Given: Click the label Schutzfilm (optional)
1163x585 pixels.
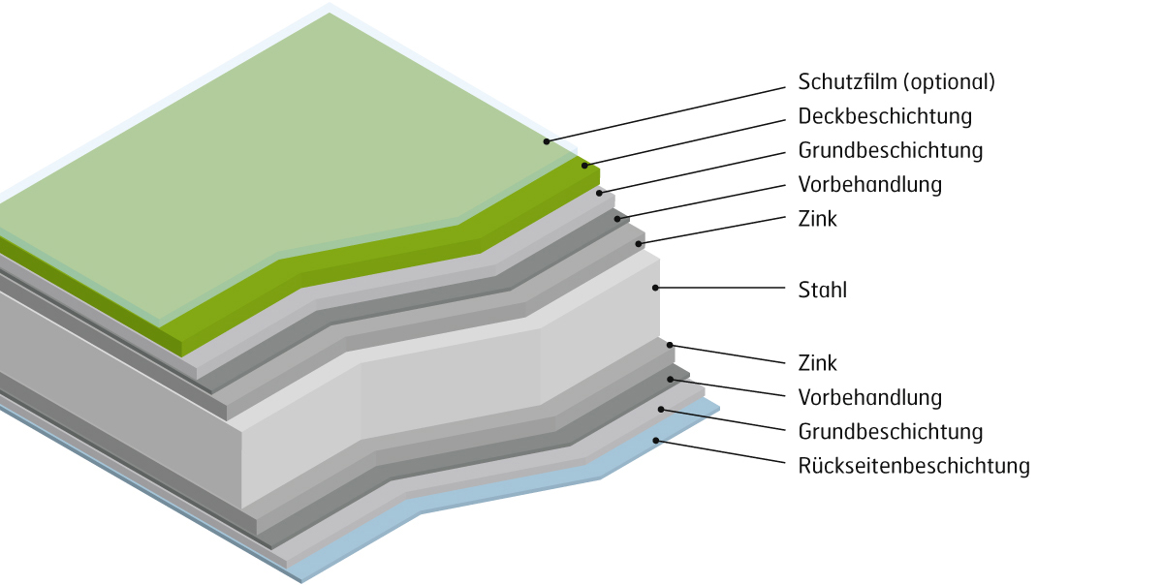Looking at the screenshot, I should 896,82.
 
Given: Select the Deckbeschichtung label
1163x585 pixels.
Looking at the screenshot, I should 885,116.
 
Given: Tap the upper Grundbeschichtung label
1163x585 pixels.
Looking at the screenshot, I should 891,151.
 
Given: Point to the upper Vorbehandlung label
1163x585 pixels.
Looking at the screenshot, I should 869,184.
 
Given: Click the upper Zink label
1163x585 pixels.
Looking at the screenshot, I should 817,219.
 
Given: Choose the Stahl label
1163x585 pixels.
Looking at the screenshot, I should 822,289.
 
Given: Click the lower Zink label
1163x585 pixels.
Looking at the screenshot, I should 817,363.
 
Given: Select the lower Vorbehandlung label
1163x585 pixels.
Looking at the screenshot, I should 869,397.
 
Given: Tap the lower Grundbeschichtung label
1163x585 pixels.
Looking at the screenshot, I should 891,431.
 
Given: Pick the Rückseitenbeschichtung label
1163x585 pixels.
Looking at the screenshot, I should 913,466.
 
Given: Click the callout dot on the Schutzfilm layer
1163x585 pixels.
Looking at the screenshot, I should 547,141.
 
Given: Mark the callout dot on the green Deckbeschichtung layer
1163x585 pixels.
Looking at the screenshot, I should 584,166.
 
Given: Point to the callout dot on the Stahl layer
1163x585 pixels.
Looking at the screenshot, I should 656,288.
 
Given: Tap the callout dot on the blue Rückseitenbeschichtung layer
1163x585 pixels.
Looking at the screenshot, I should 656,441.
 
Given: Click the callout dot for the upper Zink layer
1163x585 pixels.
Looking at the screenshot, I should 639,243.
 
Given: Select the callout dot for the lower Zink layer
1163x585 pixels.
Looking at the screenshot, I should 669,345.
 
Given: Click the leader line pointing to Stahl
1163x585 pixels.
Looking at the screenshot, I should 722,288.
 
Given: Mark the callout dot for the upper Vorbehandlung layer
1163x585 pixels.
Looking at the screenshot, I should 617,219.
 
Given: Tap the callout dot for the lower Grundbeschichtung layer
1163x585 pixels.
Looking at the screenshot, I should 661,409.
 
